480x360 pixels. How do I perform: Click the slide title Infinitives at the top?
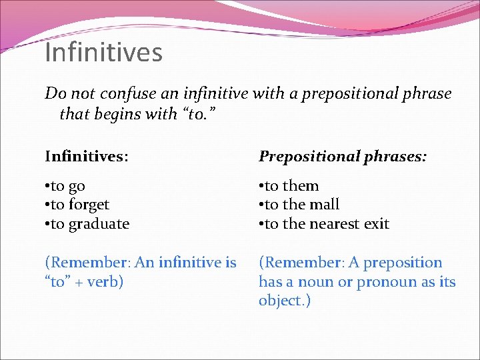103,53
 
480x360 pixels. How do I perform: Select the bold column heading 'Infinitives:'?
87,157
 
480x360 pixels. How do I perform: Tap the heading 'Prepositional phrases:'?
343,157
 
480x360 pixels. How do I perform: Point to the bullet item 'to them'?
289,186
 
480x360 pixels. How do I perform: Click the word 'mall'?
324,205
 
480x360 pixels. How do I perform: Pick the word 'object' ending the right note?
281,301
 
